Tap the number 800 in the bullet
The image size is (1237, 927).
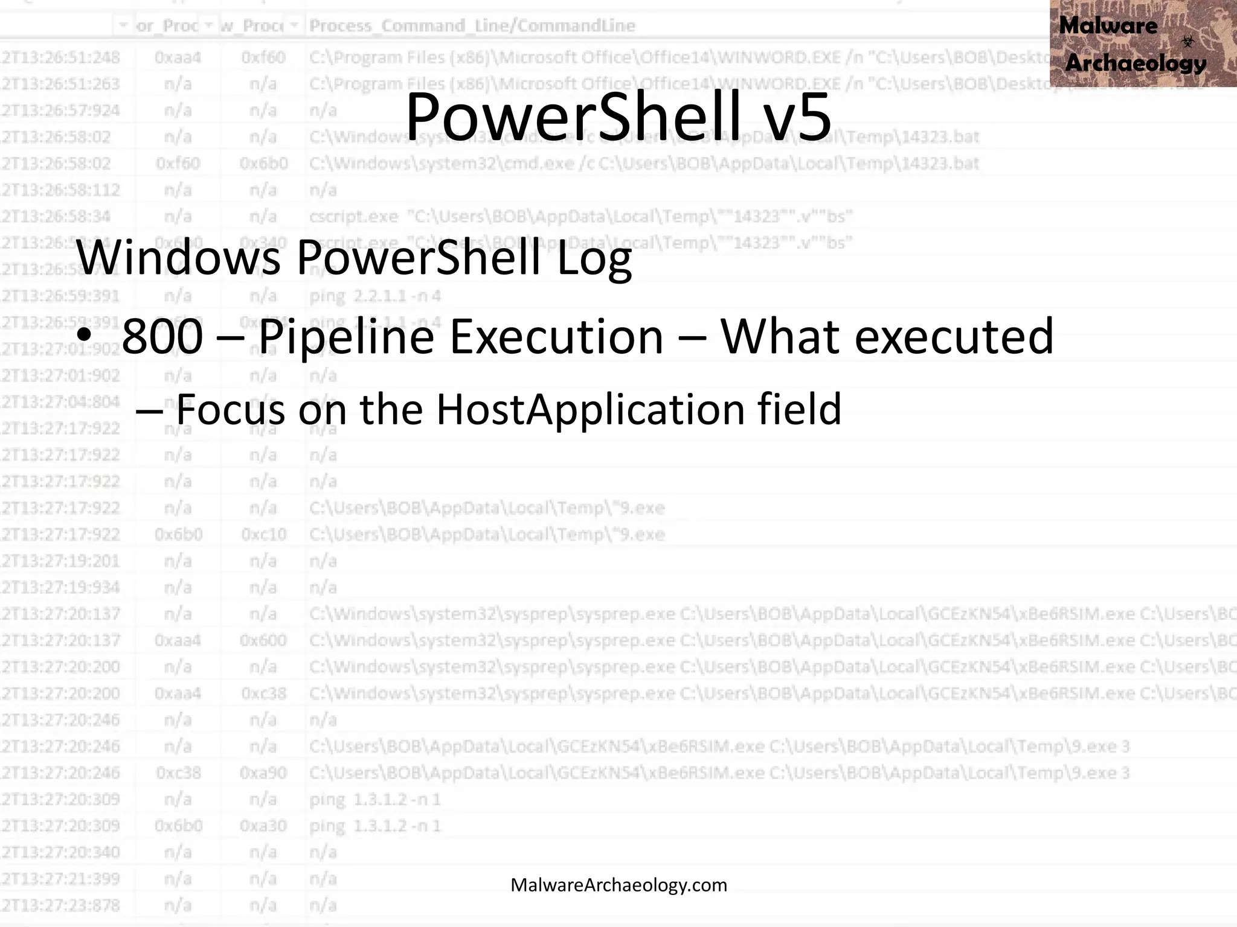(162, 337)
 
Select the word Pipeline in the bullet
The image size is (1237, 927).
(345, 337)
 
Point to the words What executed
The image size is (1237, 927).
(887, 337)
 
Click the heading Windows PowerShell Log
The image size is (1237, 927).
(353, 258)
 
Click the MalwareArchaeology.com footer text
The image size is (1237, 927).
(618, 885)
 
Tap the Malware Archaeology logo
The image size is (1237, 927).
(1142, 43)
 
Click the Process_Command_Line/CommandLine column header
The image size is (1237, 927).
(472, 26)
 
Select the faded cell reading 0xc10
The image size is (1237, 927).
(263, 535)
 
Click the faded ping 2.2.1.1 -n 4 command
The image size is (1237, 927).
(375, 296)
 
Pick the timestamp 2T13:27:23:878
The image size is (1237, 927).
(60, 905)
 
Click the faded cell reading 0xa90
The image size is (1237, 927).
(263, 773)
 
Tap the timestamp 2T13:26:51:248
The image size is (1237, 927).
(60, 57)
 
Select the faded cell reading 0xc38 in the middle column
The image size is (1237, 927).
(263, 693)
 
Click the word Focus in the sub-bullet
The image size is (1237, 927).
(230, 409)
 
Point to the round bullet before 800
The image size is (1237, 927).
(85, 336)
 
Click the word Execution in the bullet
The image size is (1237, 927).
(556, 337)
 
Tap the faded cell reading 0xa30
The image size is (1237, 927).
(263, 826)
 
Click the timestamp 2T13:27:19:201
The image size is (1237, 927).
(60, 561)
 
